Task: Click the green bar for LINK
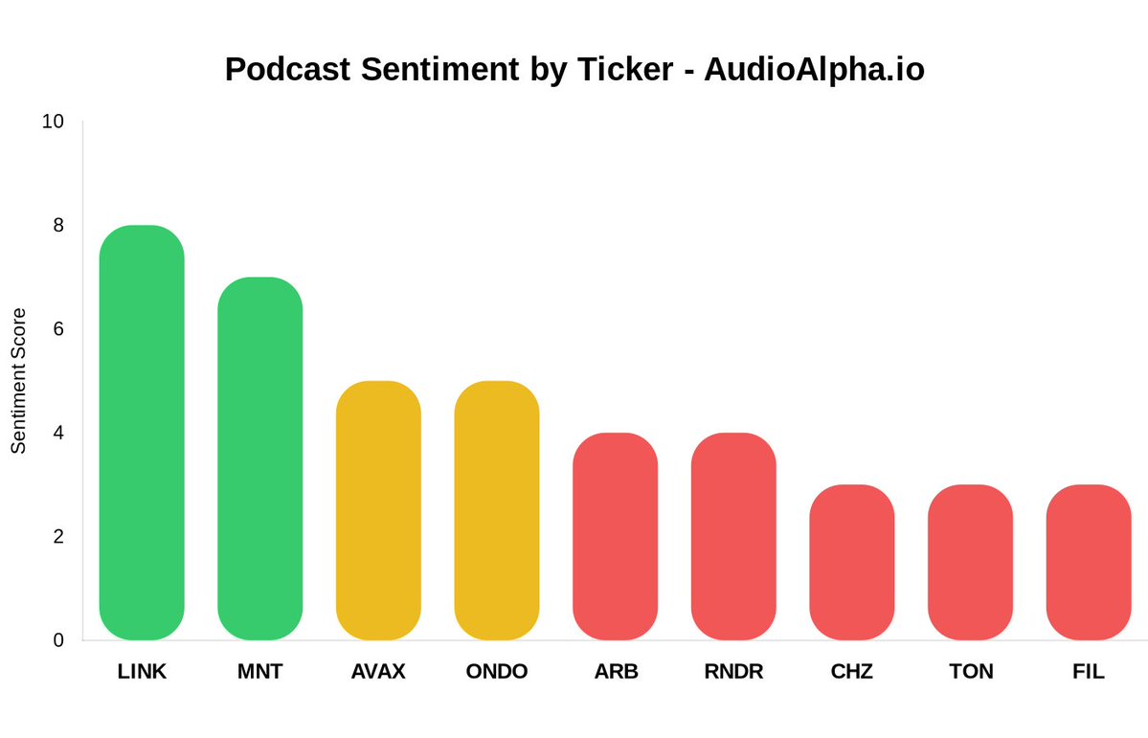pos(142,433)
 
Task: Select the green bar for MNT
pos(259,458)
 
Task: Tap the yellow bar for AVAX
pos(378,510)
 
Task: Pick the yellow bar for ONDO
pos(496,510)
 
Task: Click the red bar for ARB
pos(615,536)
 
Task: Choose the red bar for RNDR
pos(733,536)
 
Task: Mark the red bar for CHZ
pos(851,562)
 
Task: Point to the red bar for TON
pos(970,562)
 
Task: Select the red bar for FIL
pos(1089,562)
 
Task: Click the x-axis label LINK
pos(142,672)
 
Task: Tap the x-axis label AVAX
pos(378,672)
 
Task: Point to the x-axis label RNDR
pos(733,672)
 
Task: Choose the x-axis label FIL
pos(1089,672)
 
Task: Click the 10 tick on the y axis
pos(54,122)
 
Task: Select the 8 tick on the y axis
pos(58,226)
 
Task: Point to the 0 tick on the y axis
pos(58,640)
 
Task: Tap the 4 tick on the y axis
pos(58,433)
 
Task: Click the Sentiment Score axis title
pos(19,381)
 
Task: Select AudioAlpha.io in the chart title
pos(814,69)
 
